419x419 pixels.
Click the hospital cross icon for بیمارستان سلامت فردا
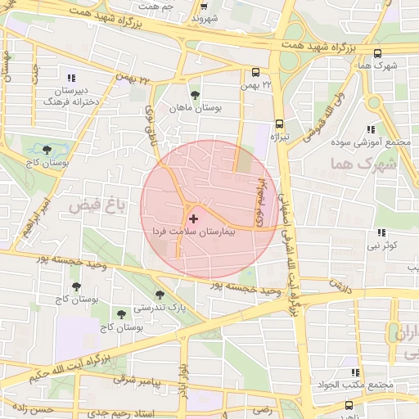pyautogui.click(x=193, y=219)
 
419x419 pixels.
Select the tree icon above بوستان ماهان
pyautogui.click(x=194, y=94)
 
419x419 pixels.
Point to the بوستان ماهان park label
pyautogui.click(x=194, y=108)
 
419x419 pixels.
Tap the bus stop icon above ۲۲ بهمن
pyautogui.click(x=255, y=71)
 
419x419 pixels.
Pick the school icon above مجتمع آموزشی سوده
pyautogui.click(x=371, y=128)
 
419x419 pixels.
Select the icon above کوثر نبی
pyautogui.click(x=381, y=232)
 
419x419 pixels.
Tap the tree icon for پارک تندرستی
pyautogui.click(x=160, y=295)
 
